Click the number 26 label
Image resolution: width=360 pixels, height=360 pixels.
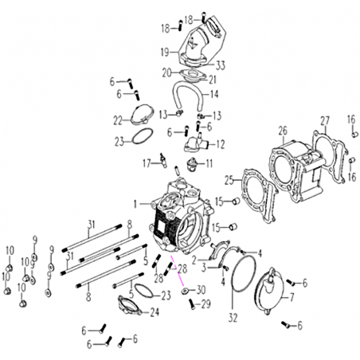[x=283, y=131]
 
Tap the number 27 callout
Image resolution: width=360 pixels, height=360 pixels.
[x=325, y=121]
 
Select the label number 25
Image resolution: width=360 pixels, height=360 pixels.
[x=229, y=180]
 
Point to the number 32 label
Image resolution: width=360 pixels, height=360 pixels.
[x=233, y=318]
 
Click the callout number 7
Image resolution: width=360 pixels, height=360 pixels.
[x=292, y=297]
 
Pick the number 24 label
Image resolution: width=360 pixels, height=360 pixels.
[x=155, y=312]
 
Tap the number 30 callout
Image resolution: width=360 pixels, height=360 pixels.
[x=201, y=290]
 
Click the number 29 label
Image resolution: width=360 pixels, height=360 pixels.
[x=205, y=304]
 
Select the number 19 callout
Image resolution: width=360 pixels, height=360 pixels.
[x=165, y=52]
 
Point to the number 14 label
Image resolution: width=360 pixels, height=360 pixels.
[x=214, y=94]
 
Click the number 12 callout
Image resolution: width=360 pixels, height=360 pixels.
[x=221, y=144]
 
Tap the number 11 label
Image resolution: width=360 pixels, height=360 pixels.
[x=209, y=163]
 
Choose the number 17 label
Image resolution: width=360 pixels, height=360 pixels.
[x=147, y=163]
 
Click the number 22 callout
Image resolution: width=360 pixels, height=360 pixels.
[x=118, y=121]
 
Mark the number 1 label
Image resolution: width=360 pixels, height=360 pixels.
[x=135, y=204]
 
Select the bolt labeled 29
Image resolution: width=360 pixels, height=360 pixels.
[x=193, y=304]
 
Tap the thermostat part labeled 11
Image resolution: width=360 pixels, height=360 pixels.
[x=193, y=162]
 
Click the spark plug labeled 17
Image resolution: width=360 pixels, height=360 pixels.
[x=163, y=160]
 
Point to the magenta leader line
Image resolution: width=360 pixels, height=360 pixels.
[x=177, y=270]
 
